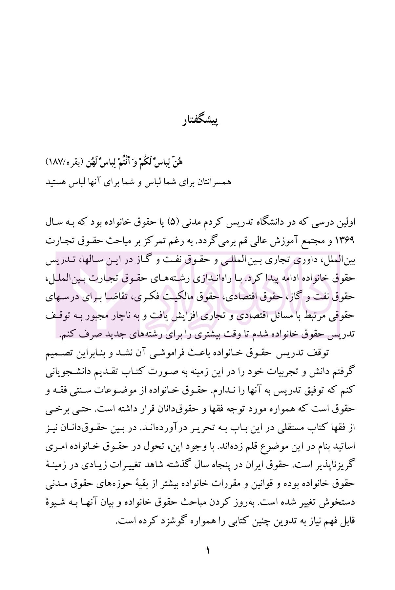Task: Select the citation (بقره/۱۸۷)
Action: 66,163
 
